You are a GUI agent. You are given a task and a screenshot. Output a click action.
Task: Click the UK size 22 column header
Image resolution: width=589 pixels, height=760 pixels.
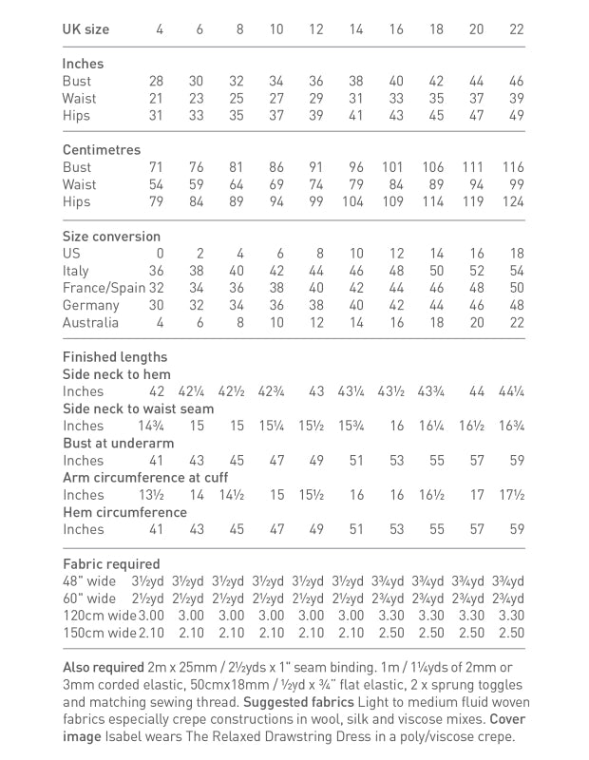click(x=516, y=29)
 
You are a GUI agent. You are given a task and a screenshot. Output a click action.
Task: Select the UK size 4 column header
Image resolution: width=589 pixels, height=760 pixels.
click(x=159, y=29)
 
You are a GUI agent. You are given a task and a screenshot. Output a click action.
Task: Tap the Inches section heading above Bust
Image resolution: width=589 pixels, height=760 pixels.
click(x=84, y=64)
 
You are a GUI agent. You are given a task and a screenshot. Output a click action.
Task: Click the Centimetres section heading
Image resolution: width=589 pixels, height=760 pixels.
click(x=102, y=150)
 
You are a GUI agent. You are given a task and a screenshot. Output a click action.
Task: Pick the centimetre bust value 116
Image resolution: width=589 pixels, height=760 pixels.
click(x=513, y=167)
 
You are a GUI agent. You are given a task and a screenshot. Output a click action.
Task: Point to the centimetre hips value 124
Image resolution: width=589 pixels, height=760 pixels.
click(x=513, y=201)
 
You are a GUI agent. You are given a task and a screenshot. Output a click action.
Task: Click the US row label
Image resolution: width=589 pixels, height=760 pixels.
click(x=71, y=254)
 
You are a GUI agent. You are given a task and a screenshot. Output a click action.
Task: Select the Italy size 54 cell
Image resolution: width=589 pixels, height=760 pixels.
click(x=516, y=271)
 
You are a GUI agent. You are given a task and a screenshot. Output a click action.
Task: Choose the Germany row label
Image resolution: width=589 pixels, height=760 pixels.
click(x=91, y=305)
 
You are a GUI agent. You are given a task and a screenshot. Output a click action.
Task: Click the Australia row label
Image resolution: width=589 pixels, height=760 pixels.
click(x=91, y=322)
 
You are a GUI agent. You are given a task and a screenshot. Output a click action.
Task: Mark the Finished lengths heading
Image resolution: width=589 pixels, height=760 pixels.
click(x=115, y=357)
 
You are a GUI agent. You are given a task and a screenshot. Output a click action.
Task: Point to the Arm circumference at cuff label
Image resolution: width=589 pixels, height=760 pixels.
click(x=145, y=477)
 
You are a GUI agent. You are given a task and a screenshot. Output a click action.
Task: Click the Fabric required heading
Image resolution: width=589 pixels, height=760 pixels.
click(x=111, y=563)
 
